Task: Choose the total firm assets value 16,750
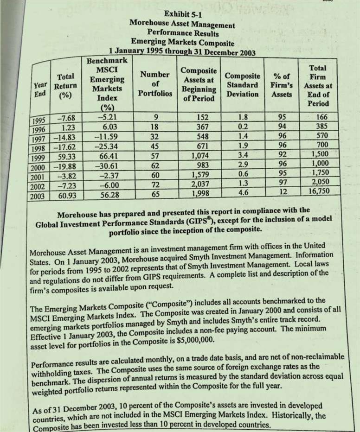(x=319, y=191)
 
